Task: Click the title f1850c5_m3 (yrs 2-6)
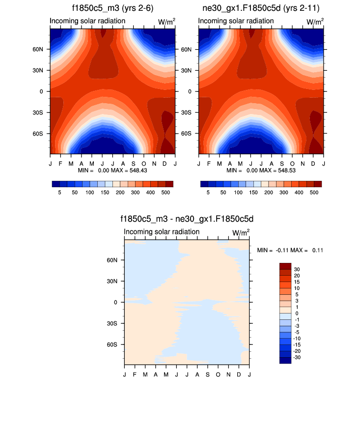(112, 8)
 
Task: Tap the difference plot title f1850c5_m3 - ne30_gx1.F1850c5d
(187, 220)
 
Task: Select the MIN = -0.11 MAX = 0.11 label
(290, 250)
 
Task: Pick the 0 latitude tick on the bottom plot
(115, 302)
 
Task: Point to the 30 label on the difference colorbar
(297, 269)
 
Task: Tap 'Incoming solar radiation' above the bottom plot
(162, 232)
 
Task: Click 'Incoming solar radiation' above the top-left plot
(87, 21)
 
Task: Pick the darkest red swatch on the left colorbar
(169, 184)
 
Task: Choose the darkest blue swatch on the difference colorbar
(285, 360)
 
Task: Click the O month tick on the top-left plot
(144, 162)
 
